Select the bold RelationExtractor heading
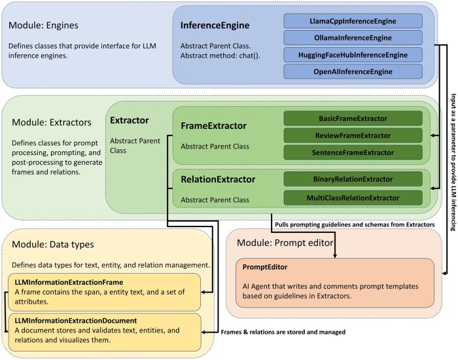coord(219,179)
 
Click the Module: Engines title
coord(50,25)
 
